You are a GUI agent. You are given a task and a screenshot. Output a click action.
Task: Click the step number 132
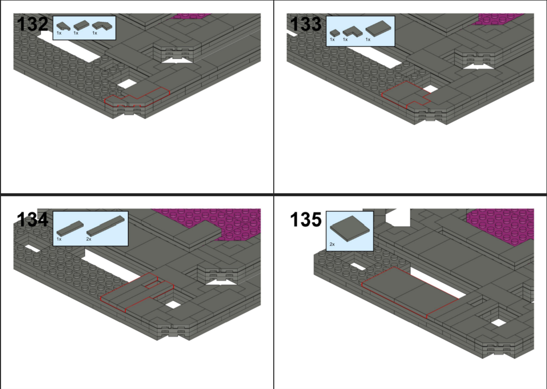pyautogui.click(x=33, y=24)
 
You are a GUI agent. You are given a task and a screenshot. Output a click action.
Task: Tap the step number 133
pyautogui.click(x=305, y=24)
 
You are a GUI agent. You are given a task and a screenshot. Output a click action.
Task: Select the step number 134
pyautogui.click(x=33, y=220)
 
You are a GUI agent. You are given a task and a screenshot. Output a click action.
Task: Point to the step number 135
pyautogui.click(x=305, y=220)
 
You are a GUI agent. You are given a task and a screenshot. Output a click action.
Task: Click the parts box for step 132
pyautogui.click(x=84, y=28)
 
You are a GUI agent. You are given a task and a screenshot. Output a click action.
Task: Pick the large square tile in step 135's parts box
pyautogui.click(x=349, y=228)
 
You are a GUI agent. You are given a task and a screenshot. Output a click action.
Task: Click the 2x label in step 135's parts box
pyautogui.click(x=332, y=245)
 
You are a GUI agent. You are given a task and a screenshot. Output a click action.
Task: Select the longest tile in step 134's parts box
pyautogui.click(x=106, y=226)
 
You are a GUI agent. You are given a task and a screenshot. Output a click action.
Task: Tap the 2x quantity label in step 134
pyautogui.click(x=89, y=239)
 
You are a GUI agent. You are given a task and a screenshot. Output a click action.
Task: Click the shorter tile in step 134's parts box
pyautogui.click(x=70, y=228)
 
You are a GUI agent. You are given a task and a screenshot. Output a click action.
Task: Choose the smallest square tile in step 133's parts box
pyautogui.click(x=335, y=33)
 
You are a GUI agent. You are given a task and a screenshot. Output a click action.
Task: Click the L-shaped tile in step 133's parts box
pyautogui.click(x=352, y=32)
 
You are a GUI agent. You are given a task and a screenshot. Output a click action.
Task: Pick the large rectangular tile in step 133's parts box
pyautogui.click(x=378, y=28)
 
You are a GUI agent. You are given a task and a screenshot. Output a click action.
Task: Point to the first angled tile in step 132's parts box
pyautogui.click(x=64, y=26)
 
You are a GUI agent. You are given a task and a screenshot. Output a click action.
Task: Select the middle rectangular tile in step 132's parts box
pyautogui.click(x=82, y=26)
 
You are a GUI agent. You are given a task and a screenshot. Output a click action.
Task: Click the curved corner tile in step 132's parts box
pyautogui.click(x=102, y=26)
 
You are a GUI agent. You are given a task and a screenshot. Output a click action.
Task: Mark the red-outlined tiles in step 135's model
pyautogui.click(x=410, y=293)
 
